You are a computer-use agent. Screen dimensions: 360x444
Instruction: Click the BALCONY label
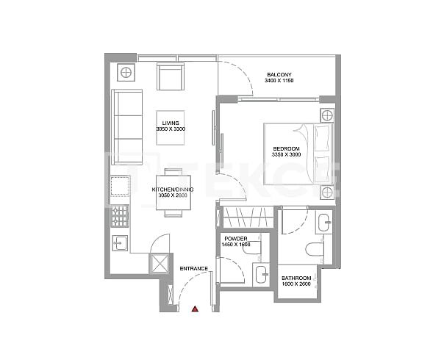(279, 74)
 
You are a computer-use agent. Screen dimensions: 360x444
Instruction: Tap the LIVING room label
(171, 123)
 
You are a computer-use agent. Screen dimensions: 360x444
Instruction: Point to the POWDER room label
(235, 240)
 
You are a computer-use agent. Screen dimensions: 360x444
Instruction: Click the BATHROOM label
(296, 278)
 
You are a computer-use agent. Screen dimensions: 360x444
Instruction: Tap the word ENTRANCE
(194, 268)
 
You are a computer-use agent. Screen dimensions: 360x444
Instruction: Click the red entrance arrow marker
(195, 309)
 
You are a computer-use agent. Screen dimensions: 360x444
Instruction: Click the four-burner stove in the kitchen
(120, 215)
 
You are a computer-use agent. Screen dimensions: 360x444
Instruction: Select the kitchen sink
(120, 242)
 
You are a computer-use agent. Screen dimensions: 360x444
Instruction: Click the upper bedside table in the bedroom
(326, 115)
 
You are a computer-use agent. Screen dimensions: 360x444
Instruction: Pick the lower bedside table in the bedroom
(326, 192)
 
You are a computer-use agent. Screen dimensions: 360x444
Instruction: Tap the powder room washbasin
(259, 276)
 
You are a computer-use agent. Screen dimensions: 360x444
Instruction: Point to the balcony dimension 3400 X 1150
(279, 81)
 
